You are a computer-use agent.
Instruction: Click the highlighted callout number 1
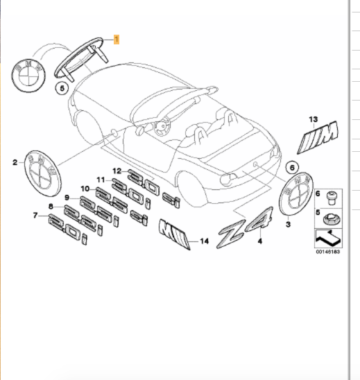(117, 40)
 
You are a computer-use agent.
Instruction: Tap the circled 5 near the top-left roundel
(62, 89)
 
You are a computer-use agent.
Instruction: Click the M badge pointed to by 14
(173, 235)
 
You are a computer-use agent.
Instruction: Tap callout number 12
(117, 171)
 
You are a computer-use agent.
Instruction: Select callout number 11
(101, 180)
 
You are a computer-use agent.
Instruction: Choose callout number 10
(85, 189)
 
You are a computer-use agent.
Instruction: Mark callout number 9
(68, 198)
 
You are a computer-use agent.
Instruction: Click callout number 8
(51, 207)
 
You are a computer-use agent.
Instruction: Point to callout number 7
(34, 216)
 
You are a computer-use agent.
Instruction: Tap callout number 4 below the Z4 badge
(260, 242)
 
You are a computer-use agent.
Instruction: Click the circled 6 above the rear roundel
(291, 166)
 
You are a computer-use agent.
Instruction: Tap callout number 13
(313, 119)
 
